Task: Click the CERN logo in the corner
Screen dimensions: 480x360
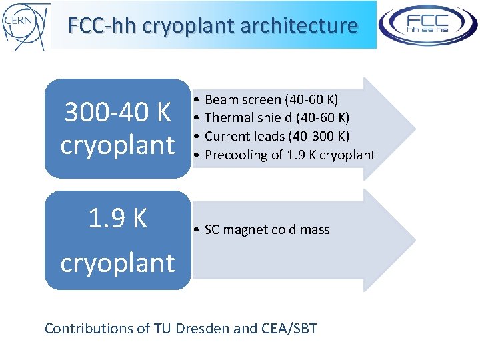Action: [x=25, y=25]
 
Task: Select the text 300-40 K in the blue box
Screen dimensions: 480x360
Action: [x=117, y=113]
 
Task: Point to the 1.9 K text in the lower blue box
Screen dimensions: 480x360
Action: [x=117, y=218]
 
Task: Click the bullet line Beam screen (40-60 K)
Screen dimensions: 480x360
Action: [x=271, y=100]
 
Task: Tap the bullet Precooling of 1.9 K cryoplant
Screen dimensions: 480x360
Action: [x=289, y=155]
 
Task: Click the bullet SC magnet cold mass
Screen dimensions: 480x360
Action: [x=267, y=230]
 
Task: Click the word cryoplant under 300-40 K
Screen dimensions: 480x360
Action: [x=117, y=145]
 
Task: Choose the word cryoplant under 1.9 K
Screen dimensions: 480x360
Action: [x=117, y=263]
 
